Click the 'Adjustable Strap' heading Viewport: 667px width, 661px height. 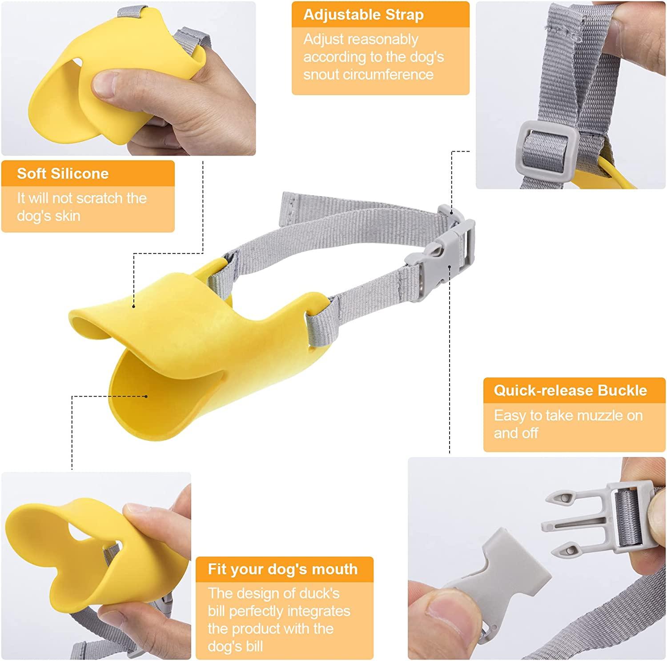coord(363,15)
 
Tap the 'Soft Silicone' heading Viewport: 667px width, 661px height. coord(63,173)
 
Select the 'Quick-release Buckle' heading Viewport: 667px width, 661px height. coord(570,390)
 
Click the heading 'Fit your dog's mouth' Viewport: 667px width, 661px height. coord(282,569)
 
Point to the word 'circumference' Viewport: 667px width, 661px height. coord(368,74)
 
